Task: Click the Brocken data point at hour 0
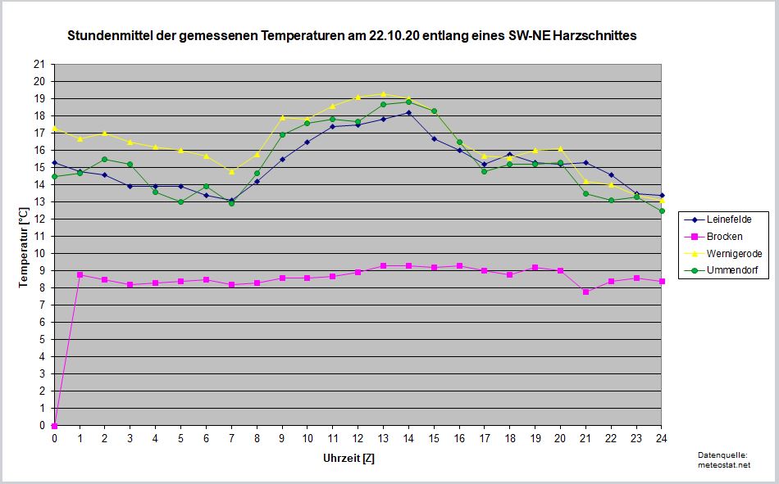tap(54, 425)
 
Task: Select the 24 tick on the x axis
tap(661, 439)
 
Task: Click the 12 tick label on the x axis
tap(358, 439)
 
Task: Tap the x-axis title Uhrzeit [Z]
tap(348, 458)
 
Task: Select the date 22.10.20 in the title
tap(386, 36)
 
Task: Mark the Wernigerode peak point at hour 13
tap(383, 94)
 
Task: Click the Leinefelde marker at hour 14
tap(408, 112)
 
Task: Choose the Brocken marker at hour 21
tap(585, 292)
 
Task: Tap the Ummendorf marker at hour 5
tap(180, 201)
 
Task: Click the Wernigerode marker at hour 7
tap(231, 171)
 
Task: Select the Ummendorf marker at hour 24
tap(661, 210)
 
